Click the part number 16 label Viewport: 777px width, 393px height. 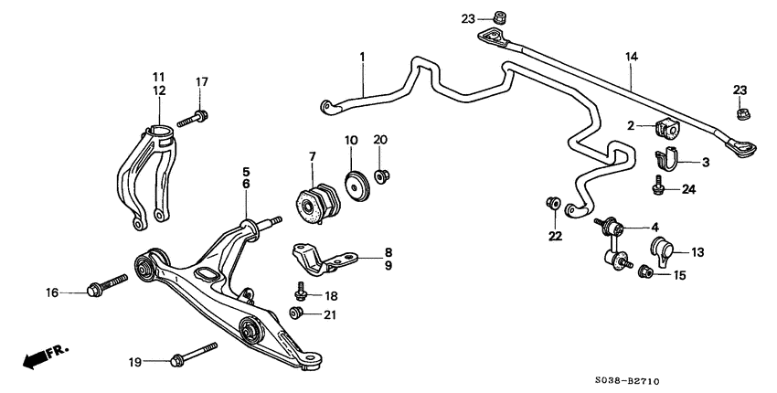[x=53, y=292]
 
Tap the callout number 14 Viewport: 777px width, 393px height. [x=630, y=56]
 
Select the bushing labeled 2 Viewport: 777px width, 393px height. [x=667, y=129]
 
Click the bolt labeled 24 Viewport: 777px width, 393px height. [x=657, y=187]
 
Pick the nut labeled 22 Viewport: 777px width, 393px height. [x=553, y=202]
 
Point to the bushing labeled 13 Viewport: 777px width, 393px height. [x=665, y=249]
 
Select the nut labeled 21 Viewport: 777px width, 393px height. [x=296, y=313]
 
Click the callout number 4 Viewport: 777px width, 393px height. [x=655, y=227]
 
